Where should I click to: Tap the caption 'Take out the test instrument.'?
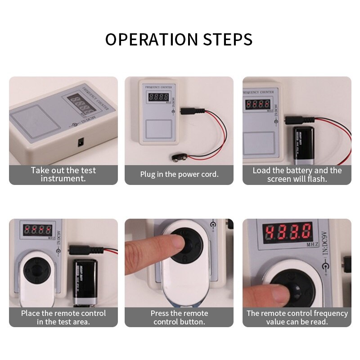pyautogui.click(x=63, y=174)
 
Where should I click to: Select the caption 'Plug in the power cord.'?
pyautogui.click(x=179, y=174)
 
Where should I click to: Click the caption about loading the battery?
pyautogui.click(x=297, y=174)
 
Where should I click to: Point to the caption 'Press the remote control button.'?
pyautogui.click(x=179, y=317)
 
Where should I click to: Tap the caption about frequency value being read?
pyautogui.click(x=297, y=317)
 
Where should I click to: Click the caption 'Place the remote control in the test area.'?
pyautogui.click(x=63, y=317)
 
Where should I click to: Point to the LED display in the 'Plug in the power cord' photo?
pyautogui.click(x=158, y=97)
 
